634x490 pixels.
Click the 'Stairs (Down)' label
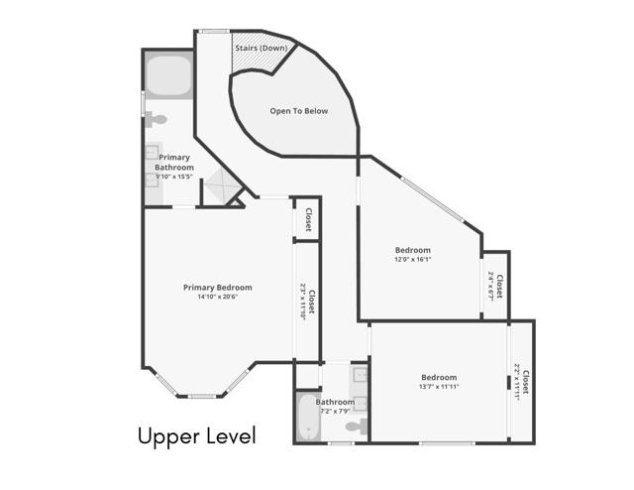coord(262,48)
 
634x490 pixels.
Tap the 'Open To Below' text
coord(298,111)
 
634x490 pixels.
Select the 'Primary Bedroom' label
coord(217,287)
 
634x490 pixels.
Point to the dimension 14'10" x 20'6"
coord(217,297)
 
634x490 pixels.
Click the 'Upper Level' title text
coord(196,435)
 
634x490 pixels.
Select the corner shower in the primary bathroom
coord(221,186)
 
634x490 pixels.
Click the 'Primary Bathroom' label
coord(174,163)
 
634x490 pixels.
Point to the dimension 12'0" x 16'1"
coord(413,260)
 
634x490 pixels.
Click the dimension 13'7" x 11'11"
coord(439,387)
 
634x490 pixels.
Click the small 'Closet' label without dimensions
coord(308,219)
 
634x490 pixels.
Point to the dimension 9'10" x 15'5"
coord(174,177)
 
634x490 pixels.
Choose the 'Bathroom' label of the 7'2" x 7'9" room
coord(335,402)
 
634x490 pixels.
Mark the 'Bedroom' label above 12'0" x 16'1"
coord(413,250)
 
